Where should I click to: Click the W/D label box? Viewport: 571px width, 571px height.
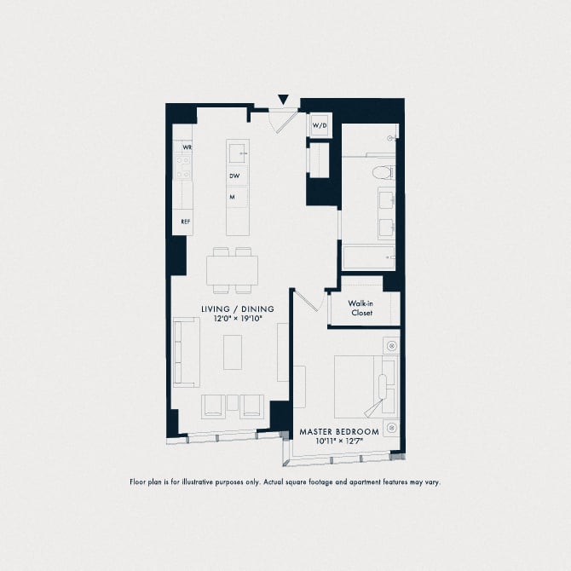(x=320, y=126)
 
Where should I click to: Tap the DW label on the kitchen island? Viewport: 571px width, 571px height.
(x=234, y=176)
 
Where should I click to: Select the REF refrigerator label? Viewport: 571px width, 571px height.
(x=184, y=222)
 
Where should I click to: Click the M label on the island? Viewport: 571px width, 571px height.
(x=231, y=197)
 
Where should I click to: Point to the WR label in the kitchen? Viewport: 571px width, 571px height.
(x=186, y=147)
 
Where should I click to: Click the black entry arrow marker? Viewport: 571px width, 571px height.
(x=284, y=101)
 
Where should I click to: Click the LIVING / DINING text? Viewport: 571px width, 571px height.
(x=238, y=309)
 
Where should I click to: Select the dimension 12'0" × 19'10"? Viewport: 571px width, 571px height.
(x=238, y=320)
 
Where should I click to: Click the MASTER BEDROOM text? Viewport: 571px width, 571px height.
(x=339, y=433)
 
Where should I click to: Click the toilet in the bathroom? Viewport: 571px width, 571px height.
(x=384, y=173)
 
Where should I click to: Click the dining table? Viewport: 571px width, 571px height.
(x=232, y=271)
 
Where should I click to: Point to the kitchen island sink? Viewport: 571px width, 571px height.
(x=238, y=154)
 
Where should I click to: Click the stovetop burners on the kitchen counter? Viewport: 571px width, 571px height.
(x=182, y=167)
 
